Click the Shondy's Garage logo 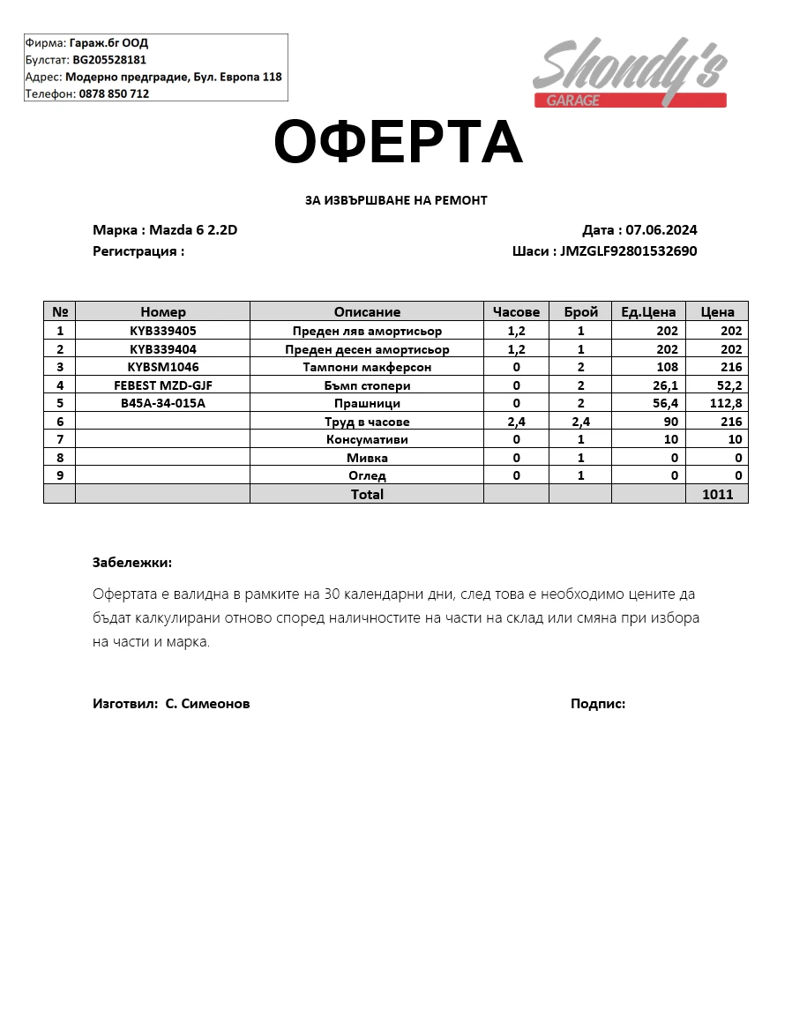coord(630,73)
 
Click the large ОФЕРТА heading coord(398,143)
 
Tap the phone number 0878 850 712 coord(114,93)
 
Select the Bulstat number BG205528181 coord(109,60)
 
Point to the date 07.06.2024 coord(661,230)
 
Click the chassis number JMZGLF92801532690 coord(629,250)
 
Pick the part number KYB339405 coord(163,331)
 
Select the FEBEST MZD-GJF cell coord(163,385)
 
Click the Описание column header coord(367,311)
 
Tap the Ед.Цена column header coord(648,311)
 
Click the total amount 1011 coord(717,495)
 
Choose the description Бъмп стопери coord(367,385)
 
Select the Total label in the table coord(367,495)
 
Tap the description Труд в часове coord(367,422)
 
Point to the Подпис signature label coord(598,704)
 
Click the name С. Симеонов coord(207,704)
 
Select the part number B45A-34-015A coord(163,403)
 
